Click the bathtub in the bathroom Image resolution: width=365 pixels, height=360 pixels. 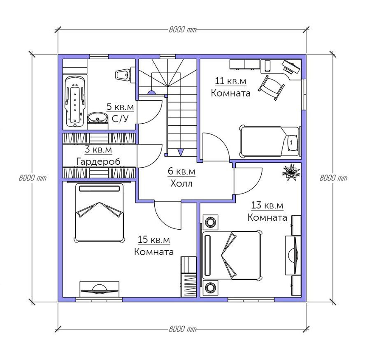(75, 102)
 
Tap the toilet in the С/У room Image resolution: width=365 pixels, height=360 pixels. (125, 74)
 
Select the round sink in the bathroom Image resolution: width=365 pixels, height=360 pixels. (98, 118)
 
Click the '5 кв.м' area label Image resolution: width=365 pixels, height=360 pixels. (120, 107)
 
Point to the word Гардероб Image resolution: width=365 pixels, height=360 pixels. (98, 161)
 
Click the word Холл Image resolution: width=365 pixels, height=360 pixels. (181, 183)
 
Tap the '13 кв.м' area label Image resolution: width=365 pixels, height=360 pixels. (267, 205)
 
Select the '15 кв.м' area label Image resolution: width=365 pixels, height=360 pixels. (154, 240)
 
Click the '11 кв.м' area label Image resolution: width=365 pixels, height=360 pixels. (230, 81)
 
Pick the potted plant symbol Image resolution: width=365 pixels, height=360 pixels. (291, 172)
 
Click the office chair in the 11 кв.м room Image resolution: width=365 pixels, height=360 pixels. (272, 88)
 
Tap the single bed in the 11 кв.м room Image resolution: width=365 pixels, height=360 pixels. (270, 141)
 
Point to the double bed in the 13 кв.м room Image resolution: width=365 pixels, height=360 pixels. (232, 255)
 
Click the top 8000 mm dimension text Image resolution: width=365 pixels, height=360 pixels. (183, 30)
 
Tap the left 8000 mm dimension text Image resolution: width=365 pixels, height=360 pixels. (33, 178)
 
